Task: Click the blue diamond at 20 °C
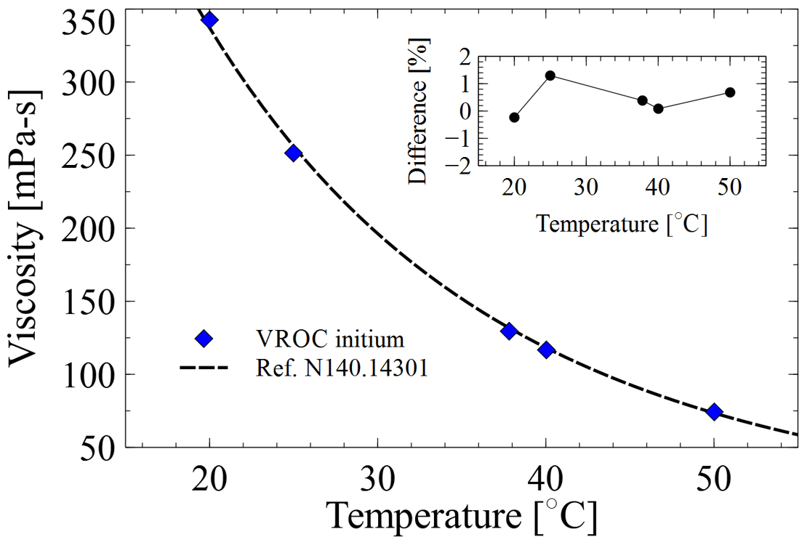[209, 20]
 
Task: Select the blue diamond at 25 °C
[294, 153]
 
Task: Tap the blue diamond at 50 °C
[714, 412]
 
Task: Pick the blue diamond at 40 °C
[546, 350]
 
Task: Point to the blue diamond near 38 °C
[509, 331]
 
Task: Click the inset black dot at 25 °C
[550, 76]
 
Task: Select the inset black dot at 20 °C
[515, 117]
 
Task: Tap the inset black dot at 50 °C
[730, 92]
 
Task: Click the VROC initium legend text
[329, 339]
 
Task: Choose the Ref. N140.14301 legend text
[342, 368]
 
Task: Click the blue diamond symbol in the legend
[204, 339]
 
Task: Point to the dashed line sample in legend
[204, 368]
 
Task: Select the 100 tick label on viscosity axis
[87, 375]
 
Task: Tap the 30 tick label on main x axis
[377, 480]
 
